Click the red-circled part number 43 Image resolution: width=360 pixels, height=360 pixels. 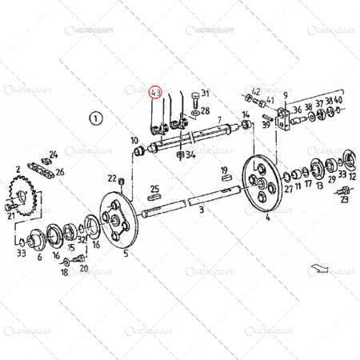point(156,93)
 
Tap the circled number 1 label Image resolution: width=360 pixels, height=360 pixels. point(97,118)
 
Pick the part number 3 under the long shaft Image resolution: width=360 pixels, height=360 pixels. point(202,208)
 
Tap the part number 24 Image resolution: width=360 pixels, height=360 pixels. point(54,154)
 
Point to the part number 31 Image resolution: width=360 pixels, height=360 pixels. point(204,94)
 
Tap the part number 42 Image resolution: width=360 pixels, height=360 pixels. point(256,91)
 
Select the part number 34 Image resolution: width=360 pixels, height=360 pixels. point(190,155)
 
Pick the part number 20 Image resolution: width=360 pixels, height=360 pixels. point(83,268)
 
